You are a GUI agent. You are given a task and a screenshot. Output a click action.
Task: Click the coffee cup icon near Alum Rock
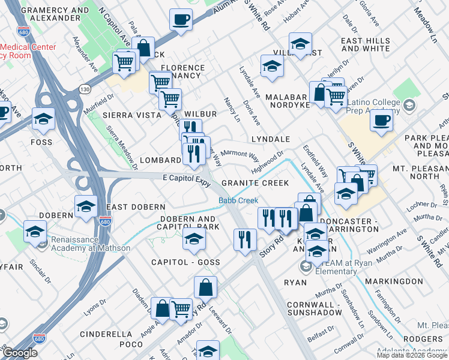click(181, 20)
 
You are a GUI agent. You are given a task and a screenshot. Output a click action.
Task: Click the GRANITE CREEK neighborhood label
click(255, 182)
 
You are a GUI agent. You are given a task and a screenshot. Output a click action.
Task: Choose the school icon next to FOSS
click(43, 119)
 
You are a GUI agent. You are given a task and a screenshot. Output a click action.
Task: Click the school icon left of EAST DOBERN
click(86, 206)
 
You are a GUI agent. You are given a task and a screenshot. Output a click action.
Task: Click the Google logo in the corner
click(20, 353)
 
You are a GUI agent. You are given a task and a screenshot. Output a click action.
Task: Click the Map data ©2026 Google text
click(412, 355)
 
